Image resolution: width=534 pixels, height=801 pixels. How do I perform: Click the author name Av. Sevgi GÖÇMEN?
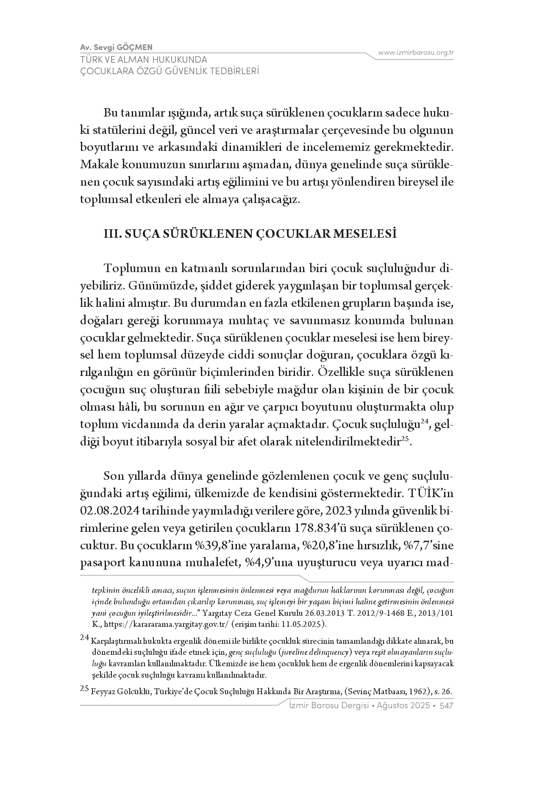116,47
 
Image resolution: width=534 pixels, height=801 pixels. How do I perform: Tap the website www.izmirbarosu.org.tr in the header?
416,53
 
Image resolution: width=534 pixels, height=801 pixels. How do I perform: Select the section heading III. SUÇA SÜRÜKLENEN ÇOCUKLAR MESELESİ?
250,234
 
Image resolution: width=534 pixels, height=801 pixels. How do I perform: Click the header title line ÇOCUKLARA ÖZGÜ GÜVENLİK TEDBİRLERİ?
170,71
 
